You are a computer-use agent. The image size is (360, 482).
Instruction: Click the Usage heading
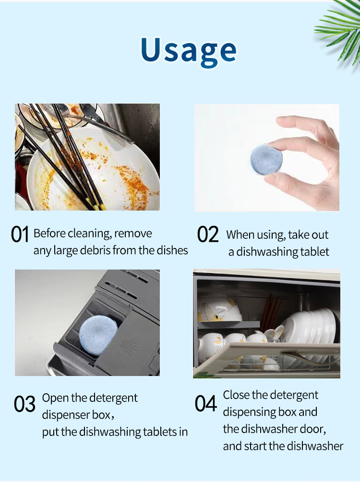(x=189, y=51)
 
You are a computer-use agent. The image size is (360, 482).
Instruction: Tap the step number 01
(x=20, y=234)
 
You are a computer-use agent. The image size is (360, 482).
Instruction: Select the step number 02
(x=208, y=234)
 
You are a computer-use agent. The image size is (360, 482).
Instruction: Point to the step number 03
(x=24, y=404)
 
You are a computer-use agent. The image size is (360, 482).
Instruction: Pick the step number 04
(x=206, y=403)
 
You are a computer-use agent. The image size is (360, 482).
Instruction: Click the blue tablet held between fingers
(x=266, y=160)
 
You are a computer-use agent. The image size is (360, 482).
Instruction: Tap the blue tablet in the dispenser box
(x=98, y=335)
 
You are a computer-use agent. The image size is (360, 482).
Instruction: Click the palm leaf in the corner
(x=340, y=29)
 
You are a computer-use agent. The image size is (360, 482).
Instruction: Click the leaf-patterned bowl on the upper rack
(x=220, y=310)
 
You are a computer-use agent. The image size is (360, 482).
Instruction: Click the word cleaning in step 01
(x=90, y=234)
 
